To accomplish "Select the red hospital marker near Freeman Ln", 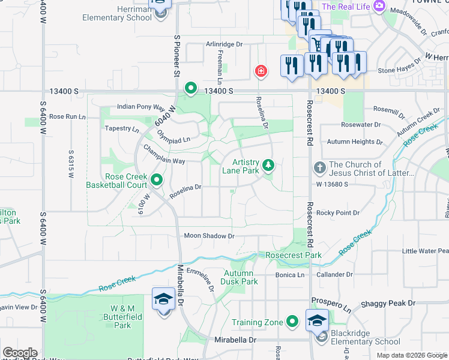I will (261, 71).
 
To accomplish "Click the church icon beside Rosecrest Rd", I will (319, 167).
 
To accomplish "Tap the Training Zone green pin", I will (292, 322).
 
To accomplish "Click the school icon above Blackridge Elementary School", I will (317, 320).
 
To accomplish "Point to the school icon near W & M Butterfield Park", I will (163, 298).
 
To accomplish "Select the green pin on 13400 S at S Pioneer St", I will (191, 89).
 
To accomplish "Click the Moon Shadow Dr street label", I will (209, 236).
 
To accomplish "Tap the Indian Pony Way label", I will (140, 107).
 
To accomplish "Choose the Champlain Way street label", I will (163, 161).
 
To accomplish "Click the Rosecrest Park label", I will (294, 255).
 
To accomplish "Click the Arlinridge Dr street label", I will (224, 44).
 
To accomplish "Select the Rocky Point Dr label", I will (337, 213).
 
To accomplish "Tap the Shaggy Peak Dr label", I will (388, 304).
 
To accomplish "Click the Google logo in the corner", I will (20, 353).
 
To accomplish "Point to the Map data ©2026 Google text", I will (411, 355).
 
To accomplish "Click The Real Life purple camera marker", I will (379, 7).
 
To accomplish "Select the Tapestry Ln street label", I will (122, 128).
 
